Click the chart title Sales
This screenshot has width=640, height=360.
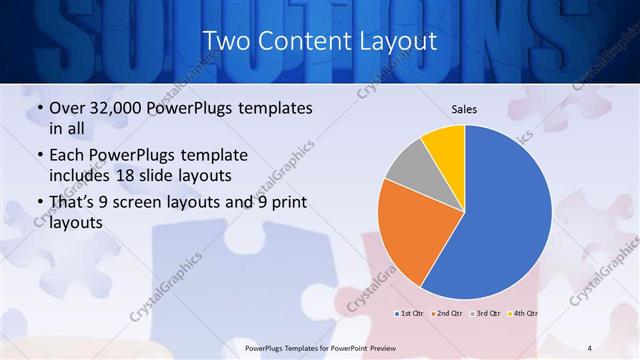464,108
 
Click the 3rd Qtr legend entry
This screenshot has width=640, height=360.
485,314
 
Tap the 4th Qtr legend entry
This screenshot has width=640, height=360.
524,314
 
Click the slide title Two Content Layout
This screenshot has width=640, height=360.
319,41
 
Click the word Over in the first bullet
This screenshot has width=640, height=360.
68,108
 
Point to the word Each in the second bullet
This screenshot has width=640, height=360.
68,156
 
